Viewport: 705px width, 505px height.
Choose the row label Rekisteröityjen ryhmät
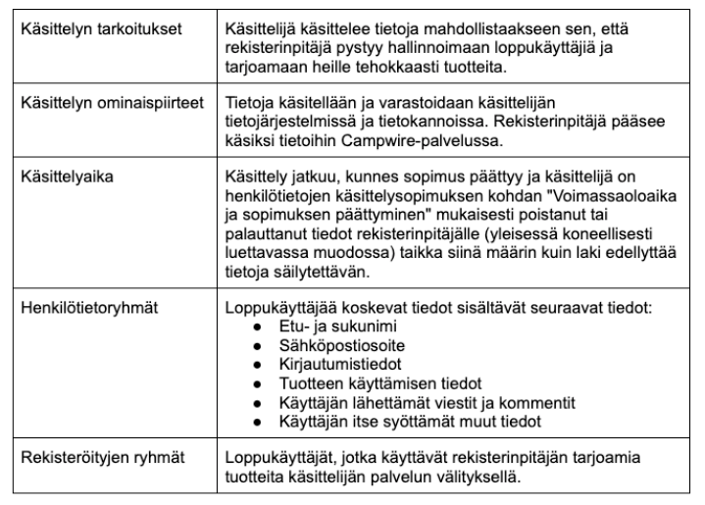point(101,455)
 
